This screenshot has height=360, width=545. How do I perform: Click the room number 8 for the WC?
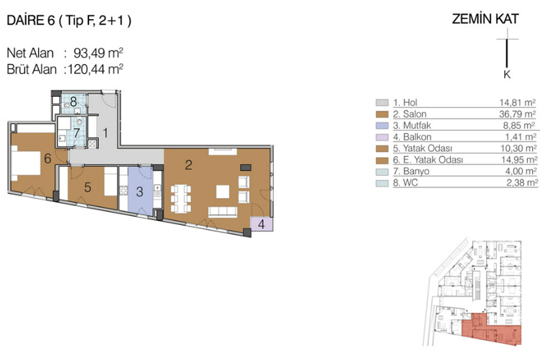click(x=74, y=102)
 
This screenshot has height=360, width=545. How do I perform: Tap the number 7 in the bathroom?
click(x=76, y=133)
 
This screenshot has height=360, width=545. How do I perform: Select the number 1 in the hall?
click(x=105, y=133)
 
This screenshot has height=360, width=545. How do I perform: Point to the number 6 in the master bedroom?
click(x=48, y=159)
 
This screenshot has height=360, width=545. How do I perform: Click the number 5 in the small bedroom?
click(x=88, y=187)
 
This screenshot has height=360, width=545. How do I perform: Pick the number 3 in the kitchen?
click(x=140, y=192)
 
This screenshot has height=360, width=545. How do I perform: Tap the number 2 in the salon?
click(x=189, y=165)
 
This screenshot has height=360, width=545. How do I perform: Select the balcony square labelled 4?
click(x=262, y=224)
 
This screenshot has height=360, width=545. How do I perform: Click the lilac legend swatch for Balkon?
click(x=382, y=137)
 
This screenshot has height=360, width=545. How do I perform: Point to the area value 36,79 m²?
click(x=517, y=114)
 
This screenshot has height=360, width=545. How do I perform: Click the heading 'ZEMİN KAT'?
click(x=485, y=19)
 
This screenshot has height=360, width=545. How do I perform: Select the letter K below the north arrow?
click(x=507, y=74)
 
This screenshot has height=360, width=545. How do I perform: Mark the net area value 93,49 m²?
click(x=98, y=53)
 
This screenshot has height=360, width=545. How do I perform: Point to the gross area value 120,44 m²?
click(x=95, y=70)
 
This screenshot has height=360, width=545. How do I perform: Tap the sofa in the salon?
click(x=223, y=212)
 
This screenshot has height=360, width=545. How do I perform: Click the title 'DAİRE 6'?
click(x=31, y=21)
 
